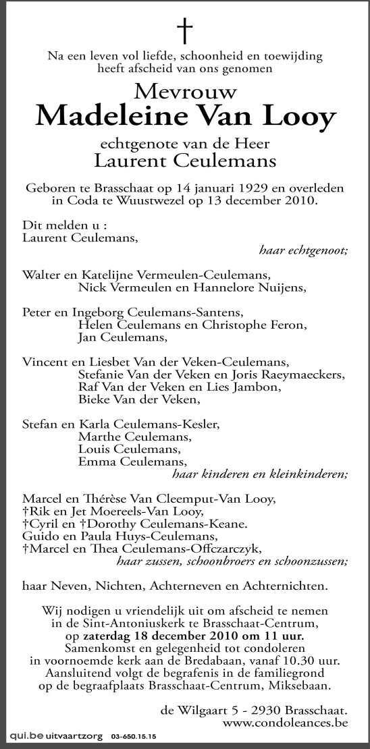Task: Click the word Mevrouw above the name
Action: [x=184, y=91]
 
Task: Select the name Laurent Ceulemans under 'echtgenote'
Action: [x=184, y=161]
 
